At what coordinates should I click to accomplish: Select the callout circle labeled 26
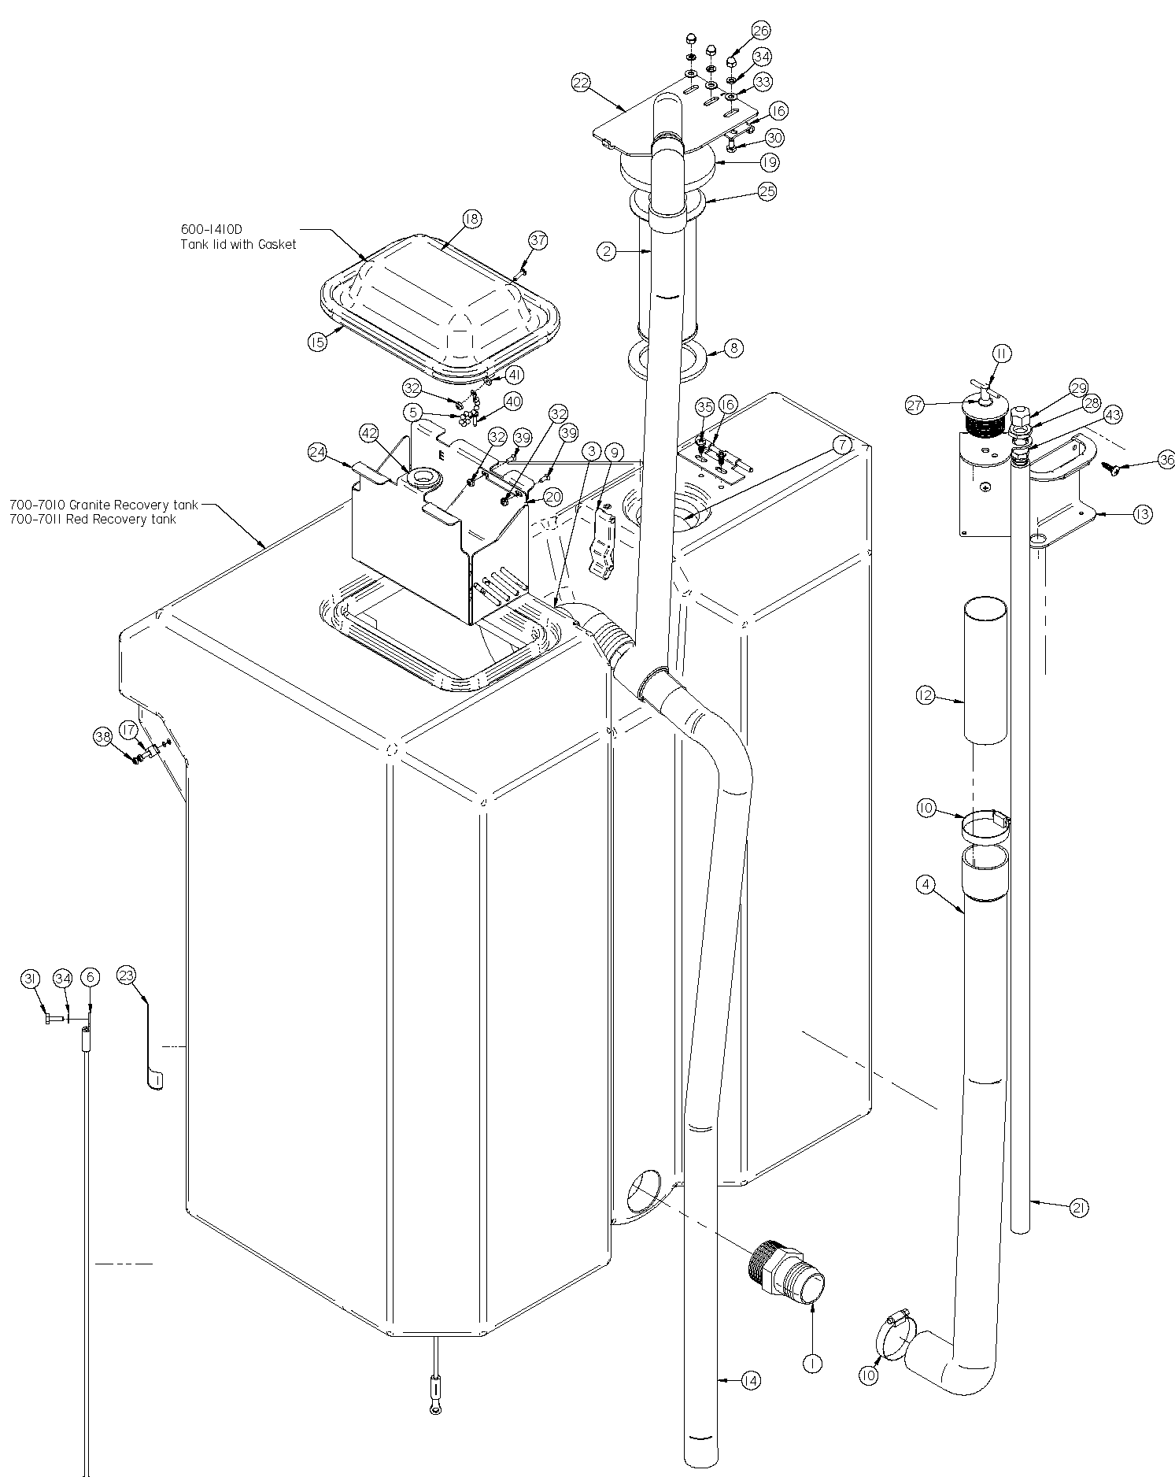coord(761,30)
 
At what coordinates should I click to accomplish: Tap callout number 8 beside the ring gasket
coord(733,348)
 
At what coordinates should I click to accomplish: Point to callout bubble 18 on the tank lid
coord(471,220)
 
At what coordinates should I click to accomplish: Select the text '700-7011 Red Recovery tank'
coord(93,519)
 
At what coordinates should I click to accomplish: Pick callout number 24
coord(317,452)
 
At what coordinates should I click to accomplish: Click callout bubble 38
coord(102,736)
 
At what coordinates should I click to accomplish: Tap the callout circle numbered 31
coord(30,979)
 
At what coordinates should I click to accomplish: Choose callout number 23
coord(127,975)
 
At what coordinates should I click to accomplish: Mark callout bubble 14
coord(751,1380)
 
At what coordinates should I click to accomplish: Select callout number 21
coord(1079,1207)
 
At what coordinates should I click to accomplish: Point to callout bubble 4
coord(926,884)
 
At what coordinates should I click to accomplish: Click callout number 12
coord(926,695)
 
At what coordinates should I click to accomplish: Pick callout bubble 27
coord(914,405)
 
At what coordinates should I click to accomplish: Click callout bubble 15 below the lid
coord(317,343)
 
